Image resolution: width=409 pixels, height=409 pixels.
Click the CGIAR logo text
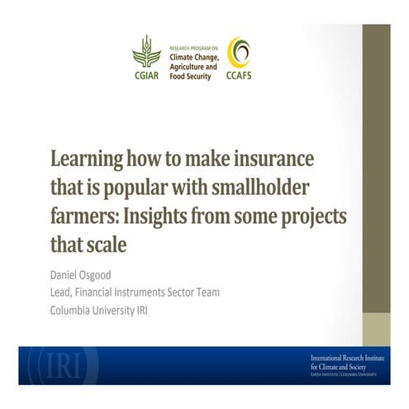coord(146,74)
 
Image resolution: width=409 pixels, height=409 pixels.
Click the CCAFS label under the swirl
coord(240,74)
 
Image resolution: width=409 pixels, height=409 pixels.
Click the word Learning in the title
coord(89,158)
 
